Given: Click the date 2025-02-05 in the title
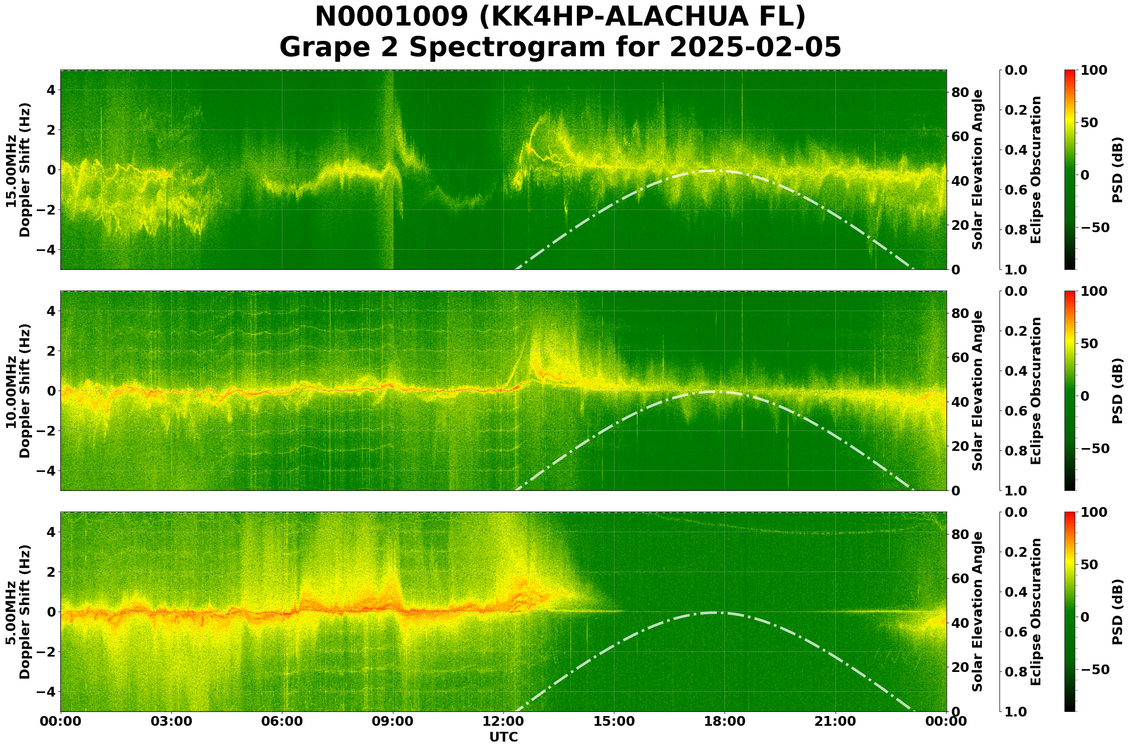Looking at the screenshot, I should (755, 48).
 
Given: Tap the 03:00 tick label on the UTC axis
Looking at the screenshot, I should (171, 721).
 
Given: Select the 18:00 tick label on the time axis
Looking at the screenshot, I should (725, 721).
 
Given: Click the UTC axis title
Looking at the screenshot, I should (503, 737).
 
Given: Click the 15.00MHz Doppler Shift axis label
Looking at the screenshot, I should (18, 170).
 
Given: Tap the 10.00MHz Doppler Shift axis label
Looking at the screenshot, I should (18, 391).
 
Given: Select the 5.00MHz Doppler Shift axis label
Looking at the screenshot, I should (18, 612).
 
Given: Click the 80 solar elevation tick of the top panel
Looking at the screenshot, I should (960, 92).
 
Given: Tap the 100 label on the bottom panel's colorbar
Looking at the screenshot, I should (1094, 513).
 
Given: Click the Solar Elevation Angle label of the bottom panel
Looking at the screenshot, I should (978, 612).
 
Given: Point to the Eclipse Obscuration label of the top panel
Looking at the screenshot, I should (1035, 170).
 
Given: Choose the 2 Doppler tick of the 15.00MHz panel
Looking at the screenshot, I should (50, 130).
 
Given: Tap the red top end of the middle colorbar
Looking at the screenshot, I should (1070, 294).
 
